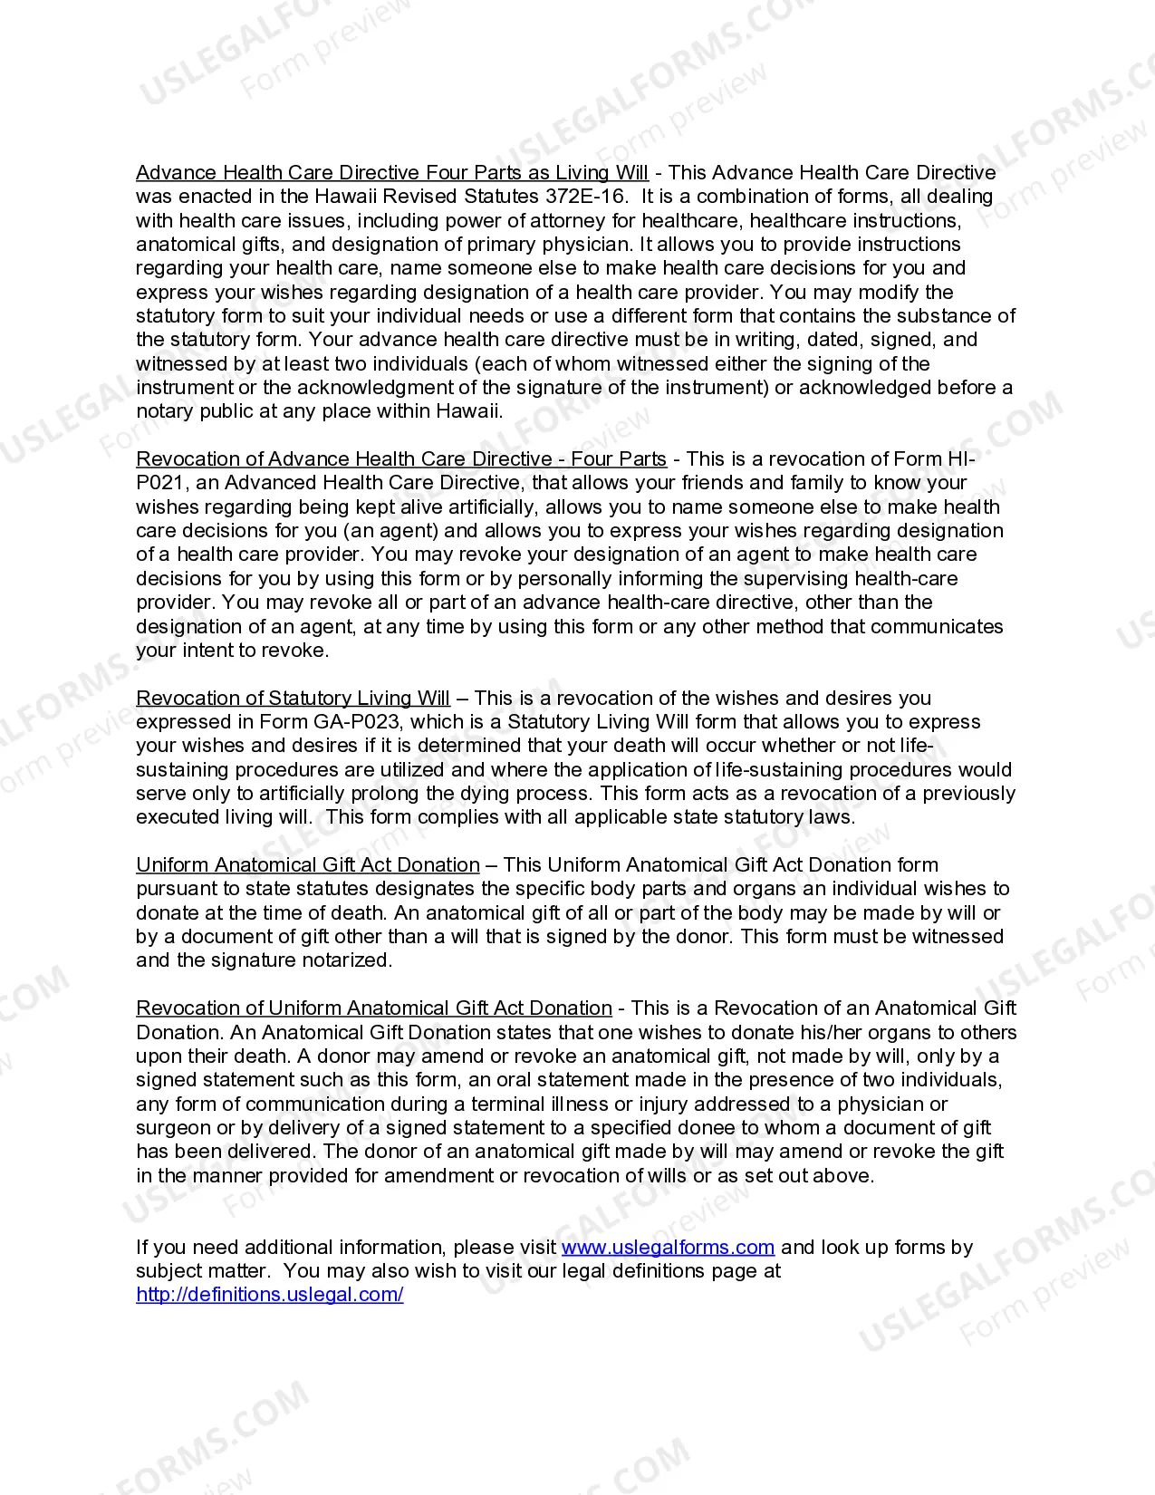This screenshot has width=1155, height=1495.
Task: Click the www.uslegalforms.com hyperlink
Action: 668,1247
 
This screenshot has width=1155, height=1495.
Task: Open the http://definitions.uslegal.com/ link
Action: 270,1294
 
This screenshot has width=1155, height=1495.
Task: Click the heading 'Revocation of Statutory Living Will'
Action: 293,698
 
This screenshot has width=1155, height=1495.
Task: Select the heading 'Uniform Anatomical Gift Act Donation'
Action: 308,864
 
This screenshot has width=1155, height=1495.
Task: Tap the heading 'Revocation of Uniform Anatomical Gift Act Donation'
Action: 374,1008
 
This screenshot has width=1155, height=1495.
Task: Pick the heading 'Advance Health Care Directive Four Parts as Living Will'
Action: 392,172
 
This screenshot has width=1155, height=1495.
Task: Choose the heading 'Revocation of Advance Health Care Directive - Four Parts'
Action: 401,458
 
